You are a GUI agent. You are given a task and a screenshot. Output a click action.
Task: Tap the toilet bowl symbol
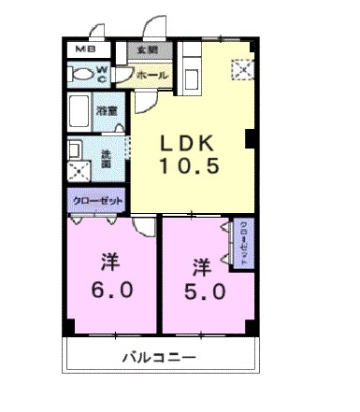[x=82, y=72]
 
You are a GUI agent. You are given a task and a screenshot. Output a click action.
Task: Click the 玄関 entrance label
[x=147, y=50]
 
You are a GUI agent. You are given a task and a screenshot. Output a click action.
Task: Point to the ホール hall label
[x=151, y=74]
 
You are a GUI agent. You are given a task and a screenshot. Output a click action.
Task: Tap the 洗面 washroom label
[x=106, y=159]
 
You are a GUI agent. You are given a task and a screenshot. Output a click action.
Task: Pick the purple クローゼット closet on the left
[x=95, y=200]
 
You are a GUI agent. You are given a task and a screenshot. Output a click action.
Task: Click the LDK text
[x=190, y=145]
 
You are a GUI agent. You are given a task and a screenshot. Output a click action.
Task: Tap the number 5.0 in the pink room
[x=203, y=291]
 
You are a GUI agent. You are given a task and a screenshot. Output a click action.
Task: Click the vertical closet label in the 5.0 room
[x=243, y=242]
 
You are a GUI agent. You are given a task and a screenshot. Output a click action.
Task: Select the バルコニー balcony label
[x=157, y=359]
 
